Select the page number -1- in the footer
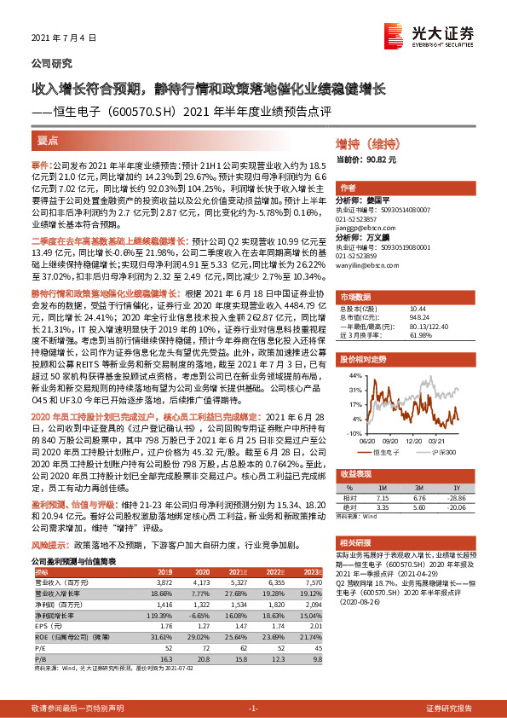click(x=252, y=709)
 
